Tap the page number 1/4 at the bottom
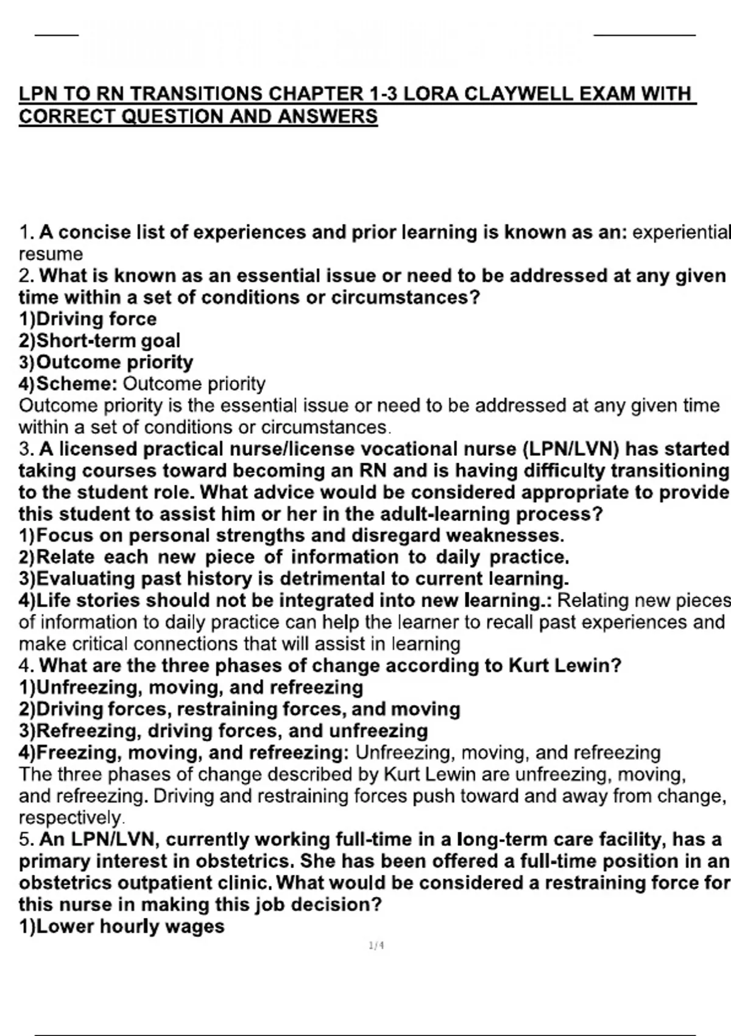click(376, 946)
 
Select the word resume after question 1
click(51, 254)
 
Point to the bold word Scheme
click(76, 384)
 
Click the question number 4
click(25, 665)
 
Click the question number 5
click(25, 840)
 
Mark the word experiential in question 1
click(680, 233)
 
